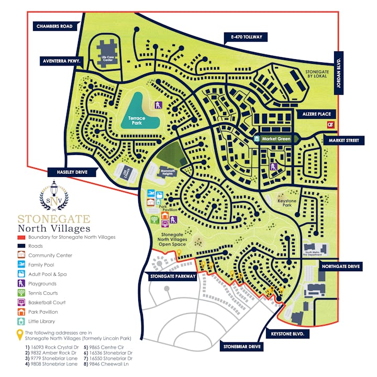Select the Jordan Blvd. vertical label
(339, 73)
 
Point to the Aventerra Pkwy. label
(62, 61)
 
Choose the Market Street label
(343, 140)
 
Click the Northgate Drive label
(340, 267)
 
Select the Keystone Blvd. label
(287, 333)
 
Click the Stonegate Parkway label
(173, 276)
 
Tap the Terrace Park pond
(137, 114)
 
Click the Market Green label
(276, 139)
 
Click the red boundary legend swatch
(21, 237)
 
